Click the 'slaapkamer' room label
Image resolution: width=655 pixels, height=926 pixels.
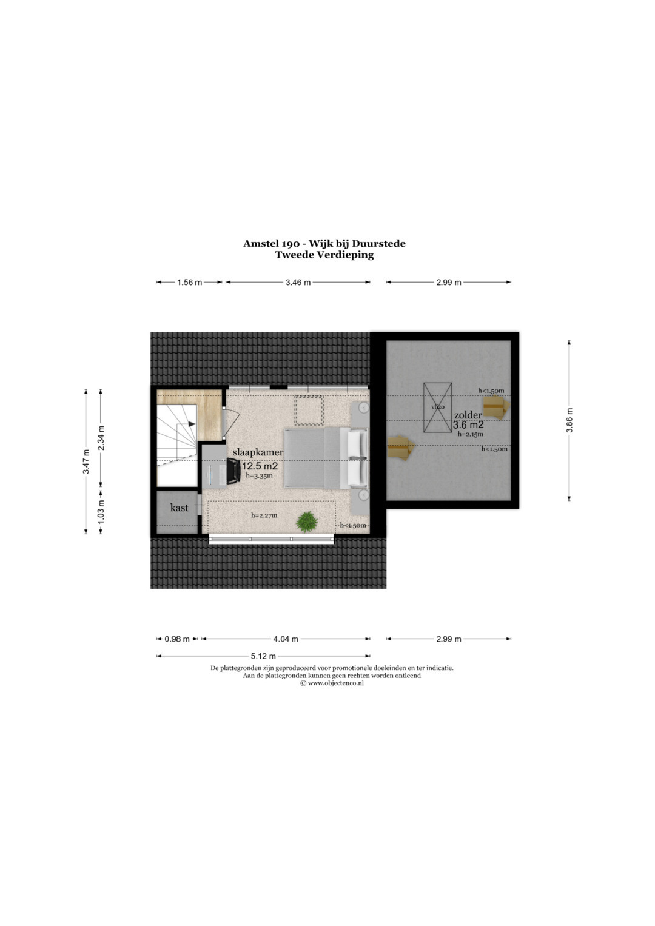click(x=258, y=452)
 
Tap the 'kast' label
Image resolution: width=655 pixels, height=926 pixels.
click(x=179, y=507)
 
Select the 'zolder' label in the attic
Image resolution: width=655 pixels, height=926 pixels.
click(x=468, y=415)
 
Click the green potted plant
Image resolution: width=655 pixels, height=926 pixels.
click(x=307, y=522)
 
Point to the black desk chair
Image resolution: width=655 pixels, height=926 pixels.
click(x=233, y=471)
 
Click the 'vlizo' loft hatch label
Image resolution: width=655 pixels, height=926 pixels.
click(x=437, y=407)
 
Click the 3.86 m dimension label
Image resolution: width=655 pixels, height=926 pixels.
click(x=569, y=420)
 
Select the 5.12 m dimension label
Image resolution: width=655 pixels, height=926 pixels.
click(x=263, y=656)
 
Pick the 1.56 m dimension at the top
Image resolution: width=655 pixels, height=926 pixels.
click(x=189, y=283)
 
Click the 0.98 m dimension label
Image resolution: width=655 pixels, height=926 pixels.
click(x=177, y=639)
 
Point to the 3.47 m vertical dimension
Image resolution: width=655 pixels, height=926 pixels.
click(x=86, y=461)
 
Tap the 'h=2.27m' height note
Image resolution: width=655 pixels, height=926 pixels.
click(x=264, y=515)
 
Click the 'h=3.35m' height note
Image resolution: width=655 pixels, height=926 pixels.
click(x=260, y=476)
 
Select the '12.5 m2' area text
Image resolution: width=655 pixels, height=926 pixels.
click(x=260, y=466)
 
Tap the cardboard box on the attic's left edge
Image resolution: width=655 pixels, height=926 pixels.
click(x=400, y=448)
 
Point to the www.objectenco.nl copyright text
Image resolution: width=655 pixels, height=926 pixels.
click(x=332, y=683)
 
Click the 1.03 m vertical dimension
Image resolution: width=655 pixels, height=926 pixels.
click(x=101, y=511)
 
